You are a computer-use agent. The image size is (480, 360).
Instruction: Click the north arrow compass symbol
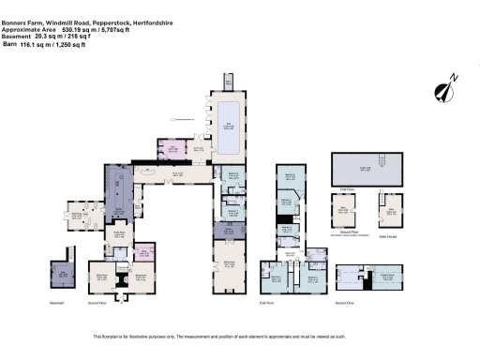[x=443, y=92]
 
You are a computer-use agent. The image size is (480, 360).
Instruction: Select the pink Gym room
[x=173, y=149]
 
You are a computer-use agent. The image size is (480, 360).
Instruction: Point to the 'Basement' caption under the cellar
[x=57, y=303]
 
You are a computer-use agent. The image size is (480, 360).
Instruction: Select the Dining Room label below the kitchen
[x=119, y=234]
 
